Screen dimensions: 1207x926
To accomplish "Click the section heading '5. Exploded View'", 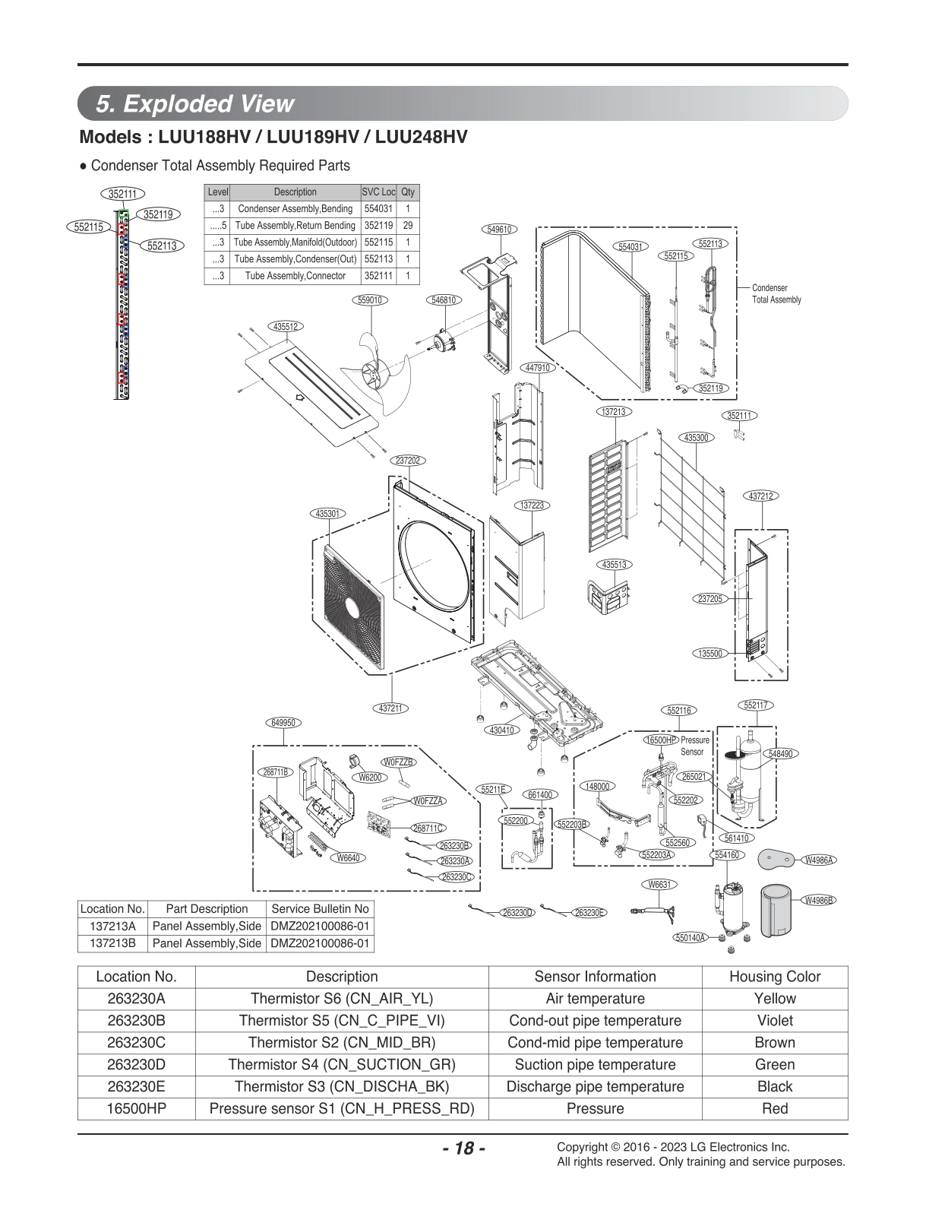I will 195,103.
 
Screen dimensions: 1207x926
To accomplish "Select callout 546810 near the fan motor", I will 444,300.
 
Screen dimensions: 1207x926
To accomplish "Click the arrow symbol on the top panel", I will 299,397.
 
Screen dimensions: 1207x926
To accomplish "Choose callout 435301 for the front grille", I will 327,514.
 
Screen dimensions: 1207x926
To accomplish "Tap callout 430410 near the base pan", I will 501,730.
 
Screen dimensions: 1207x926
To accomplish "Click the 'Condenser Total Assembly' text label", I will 776,294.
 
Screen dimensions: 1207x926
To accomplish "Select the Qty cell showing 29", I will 408,226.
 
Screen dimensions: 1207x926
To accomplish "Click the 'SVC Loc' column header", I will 378,192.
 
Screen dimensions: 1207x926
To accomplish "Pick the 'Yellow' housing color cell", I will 774,999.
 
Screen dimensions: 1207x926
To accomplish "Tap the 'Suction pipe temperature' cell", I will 595,1065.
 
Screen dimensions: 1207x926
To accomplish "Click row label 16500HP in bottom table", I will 136,1109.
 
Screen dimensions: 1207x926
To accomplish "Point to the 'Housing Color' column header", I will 774,977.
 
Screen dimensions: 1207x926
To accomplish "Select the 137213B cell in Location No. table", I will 112,943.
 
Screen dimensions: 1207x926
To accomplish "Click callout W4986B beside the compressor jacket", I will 819,900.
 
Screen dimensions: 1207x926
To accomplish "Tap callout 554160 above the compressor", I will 727,855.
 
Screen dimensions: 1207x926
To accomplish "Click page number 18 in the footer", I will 463,1148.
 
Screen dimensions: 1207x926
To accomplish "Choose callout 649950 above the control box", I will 283,723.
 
